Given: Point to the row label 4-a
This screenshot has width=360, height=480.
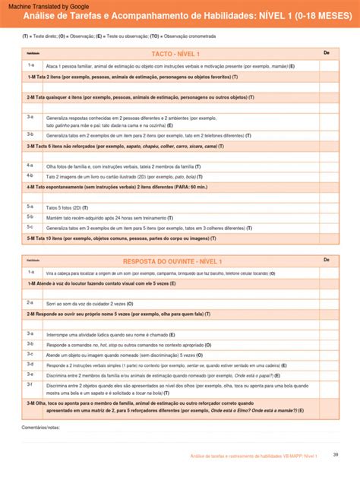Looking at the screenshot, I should coord(30,165).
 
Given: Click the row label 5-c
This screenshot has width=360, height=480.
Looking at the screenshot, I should coord(30,227).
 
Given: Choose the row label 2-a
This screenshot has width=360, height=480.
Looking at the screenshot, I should coord(30,302).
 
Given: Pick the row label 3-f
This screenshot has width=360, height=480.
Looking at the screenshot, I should coord(30,385).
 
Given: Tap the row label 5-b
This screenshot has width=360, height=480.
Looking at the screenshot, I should coord(30,216).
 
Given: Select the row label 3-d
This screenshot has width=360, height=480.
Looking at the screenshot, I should coord(30,364).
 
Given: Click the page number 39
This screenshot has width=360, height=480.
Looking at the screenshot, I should coord(335,455).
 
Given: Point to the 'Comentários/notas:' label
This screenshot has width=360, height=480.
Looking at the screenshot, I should coord(41,428).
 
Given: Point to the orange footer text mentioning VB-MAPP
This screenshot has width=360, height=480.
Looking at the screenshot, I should coord(254,456).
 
